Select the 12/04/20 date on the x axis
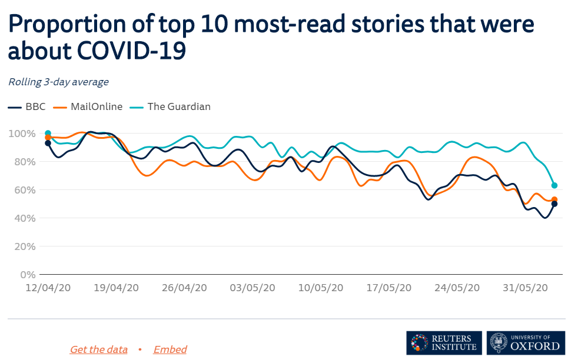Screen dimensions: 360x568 point(48,288)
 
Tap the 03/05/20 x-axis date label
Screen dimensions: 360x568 point(252,288)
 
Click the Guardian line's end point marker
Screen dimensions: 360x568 point(554,185)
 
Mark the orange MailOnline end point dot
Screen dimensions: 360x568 point(554,199)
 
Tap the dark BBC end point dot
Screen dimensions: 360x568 point(554,204)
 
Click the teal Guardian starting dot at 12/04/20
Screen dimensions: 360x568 point(48,133)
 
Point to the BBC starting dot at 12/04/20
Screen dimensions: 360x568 point(48,143)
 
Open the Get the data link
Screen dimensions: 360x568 point(98,349)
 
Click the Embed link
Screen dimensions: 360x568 point(170,349)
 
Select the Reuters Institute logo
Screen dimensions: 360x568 point(444,342)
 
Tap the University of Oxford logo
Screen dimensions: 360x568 point(526,342)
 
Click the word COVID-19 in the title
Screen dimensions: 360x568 point(132,51)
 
